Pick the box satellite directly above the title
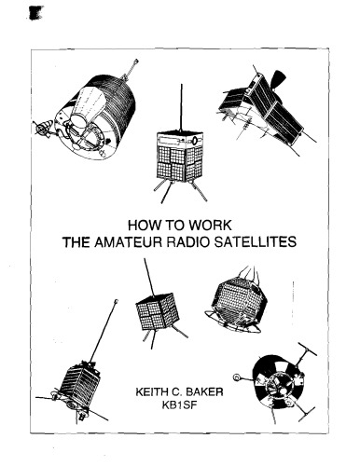tap(177, 158)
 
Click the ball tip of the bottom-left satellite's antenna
tap(115, 301)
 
